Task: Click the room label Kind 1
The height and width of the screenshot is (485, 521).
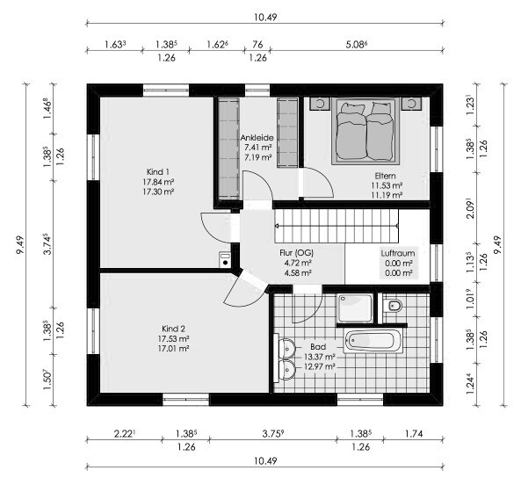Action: click(158, 172)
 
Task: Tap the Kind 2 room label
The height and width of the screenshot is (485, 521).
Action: click(173, 329)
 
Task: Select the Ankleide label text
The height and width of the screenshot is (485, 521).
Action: click(257, 138)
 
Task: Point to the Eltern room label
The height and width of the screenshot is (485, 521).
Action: click(385, 176)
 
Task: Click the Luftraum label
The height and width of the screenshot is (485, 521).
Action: click(398, 253)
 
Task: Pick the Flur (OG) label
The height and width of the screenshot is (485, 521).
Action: click(296, 253)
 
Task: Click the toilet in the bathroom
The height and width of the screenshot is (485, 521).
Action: click(393, 305)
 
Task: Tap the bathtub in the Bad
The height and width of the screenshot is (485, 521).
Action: click(373, 341)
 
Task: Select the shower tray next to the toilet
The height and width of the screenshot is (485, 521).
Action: click(355, 308)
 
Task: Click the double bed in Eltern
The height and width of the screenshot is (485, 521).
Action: click(365, 131)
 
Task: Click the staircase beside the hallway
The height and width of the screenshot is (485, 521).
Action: click(336, 226)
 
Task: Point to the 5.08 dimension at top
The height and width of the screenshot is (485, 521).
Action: click(356, 44)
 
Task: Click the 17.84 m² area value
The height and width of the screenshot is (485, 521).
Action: click(158, 182)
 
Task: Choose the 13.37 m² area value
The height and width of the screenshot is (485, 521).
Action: click(319, 357)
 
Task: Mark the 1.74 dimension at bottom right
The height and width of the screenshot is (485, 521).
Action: click(413, 433)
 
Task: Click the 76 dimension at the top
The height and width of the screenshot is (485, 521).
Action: click(257, 44)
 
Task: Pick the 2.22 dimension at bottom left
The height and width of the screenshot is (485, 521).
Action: click(124, 433)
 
